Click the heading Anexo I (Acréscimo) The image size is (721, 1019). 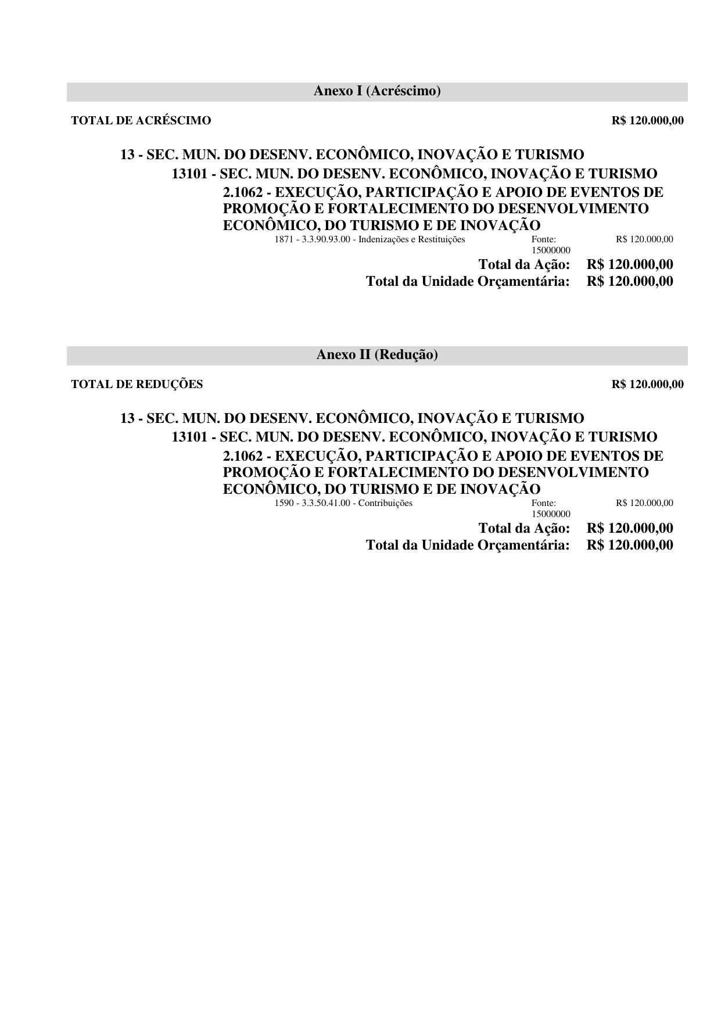coord(377,91)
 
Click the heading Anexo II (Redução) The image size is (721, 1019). coord(377,355)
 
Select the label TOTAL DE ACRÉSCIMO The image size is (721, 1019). coord(141,121)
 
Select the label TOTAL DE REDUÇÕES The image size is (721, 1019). coord(137,384)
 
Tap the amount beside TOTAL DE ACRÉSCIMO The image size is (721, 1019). coord(647,121)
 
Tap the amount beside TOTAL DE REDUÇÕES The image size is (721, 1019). coord(647,384)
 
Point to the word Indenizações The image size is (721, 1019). coord(384,239)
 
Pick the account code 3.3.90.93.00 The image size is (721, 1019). coord(326,239)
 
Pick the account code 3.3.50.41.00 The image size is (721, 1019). coord(326,503)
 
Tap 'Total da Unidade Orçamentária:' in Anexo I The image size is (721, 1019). coord(468,282)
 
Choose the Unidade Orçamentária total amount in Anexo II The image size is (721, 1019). coord(630,546)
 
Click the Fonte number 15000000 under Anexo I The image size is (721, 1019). coord(551,250)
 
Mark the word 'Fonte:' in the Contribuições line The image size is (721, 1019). coord(543,503)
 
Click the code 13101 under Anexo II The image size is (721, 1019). coord(189,437)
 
